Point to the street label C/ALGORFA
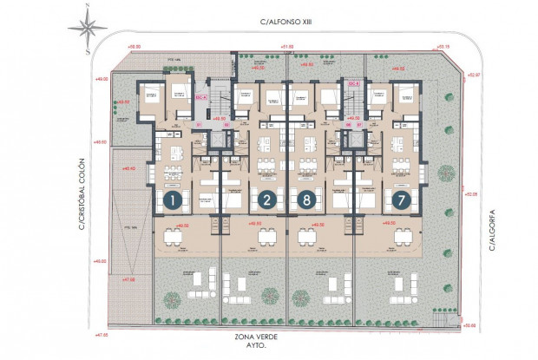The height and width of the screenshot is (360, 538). point(490,232)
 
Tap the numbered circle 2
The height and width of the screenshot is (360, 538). point(266,201)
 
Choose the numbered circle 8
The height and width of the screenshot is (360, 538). point(306,201)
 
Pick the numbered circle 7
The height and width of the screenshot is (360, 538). point(401,201)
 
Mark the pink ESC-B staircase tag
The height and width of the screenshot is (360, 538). point(354,84)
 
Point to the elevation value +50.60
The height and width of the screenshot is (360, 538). point(470,326)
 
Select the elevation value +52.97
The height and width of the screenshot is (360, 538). point(472,75)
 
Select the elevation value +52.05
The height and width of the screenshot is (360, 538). point(472,194)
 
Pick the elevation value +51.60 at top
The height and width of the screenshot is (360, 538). point(287,47)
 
